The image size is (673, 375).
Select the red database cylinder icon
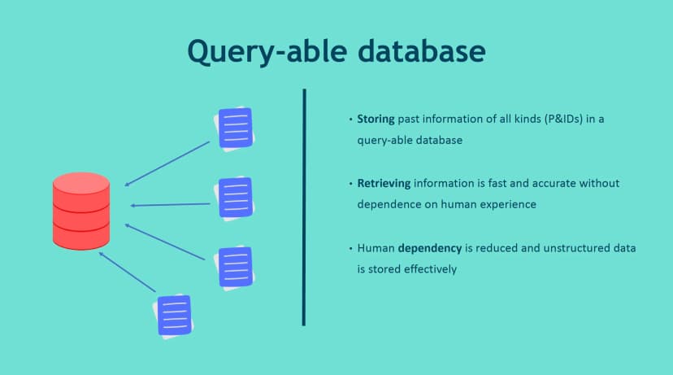click(x=81, y=210)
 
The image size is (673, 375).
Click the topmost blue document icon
click(x=233, y=128)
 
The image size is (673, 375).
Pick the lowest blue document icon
click(x=174, y=315)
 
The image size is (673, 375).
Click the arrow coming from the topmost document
click(x=167, y=164)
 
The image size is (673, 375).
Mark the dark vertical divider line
click(x=304, y=207)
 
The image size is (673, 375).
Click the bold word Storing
click(x=376, y=120)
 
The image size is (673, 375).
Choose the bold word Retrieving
click(x=384, y=184)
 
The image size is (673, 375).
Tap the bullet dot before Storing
click(x=350, y=120)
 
